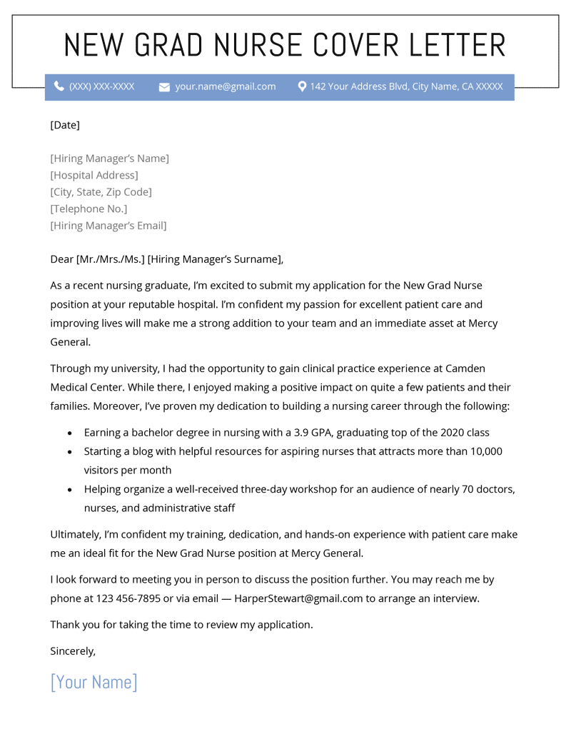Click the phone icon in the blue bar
[x=59, y=86]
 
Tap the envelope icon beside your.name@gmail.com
[x=164, y=87]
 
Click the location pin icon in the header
[x=302, y=86]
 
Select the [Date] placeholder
[x=65, y=125]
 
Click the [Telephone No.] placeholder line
[x=89, y=208]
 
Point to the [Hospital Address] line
[x=94, y=175]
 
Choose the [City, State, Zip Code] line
[x=101, y=192]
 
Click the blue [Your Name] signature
[x=94, y=682]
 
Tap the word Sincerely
[x=73, y=650]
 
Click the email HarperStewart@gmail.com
[x=298, y=598]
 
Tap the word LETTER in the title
[x=458, y=45]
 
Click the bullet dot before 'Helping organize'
[x=69, y=491]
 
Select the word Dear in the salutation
[x=61, y=259]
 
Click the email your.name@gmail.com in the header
[x=226, y=86]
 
